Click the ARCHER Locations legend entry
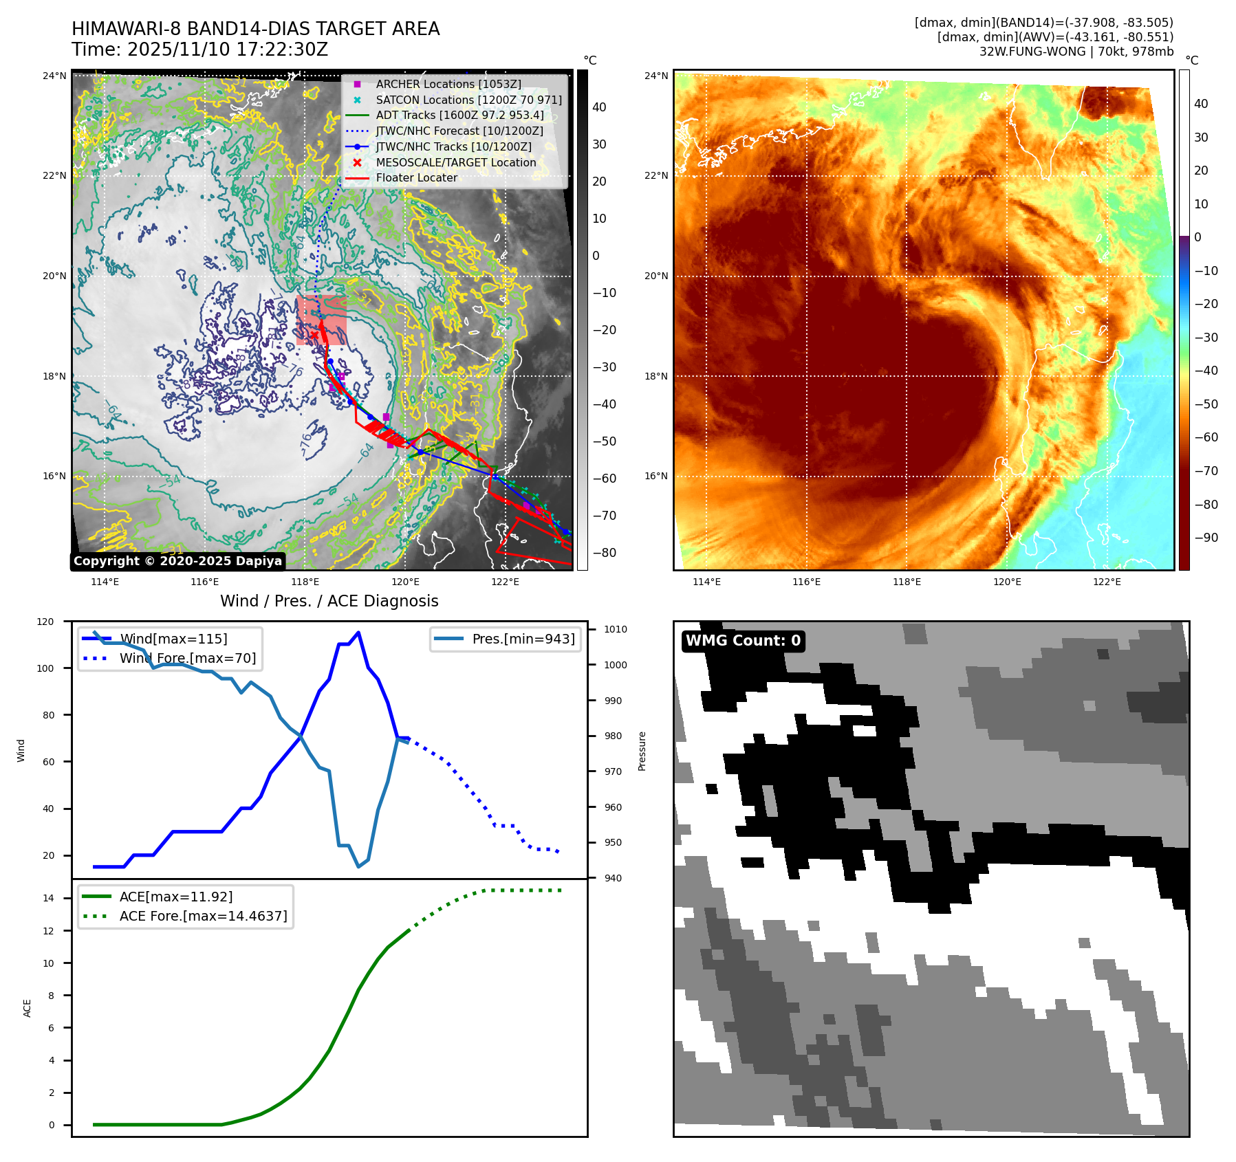tap(448, 84)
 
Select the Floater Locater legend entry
tap(416, 177)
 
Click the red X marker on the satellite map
tap(314, 335)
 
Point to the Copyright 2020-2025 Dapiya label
tap(177, 561)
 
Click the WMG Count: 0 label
tap(743, 641)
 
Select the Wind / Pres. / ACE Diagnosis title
tap(329, 601)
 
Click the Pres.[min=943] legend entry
tap(523, 639)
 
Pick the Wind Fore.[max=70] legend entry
tap(187, 658)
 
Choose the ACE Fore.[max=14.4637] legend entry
tap(203, 916)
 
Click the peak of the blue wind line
tap(358, 633)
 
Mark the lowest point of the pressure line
tap(358, 866)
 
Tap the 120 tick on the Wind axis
tap(45, 622)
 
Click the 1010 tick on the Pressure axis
tap(616, 629)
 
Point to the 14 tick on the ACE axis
tap(49, 898)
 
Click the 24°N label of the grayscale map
tap(54, 76)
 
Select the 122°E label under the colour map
tap(1107, 582)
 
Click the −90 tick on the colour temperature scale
tap(1206, 538)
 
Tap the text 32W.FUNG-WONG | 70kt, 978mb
tap(1076, 52)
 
